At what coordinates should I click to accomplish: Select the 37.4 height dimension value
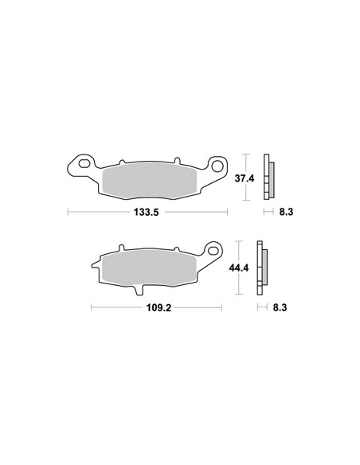pos(245,179)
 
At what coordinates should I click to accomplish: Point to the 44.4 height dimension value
pos(241,269)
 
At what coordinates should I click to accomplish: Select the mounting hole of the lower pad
pos(213,248)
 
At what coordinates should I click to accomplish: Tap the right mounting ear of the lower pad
pos(213,250)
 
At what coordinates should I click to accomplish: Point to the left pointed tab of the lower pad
pos(95,261)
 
